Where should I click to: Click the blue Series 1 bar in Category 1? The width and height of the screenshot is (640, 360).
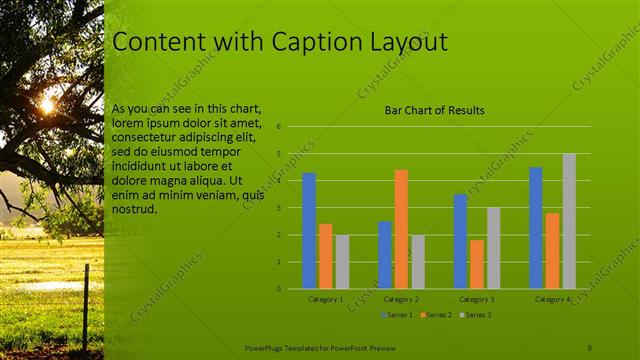tap(309, 231)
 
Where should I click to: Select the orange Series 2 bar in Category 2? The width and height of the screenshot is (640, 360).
tap(401, 229)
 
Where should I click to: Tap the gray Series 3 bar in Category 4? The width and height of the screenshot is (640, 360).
tap(569, 221)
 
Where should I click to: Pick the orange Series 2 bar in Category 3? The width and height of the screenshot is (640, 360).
tap(477, 264)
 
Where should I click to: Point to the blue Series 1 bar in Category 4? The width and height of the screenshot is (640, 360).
tap(536, 228)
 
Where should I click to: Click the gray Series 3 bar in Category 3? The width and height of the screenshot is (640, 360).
tap(493, 248)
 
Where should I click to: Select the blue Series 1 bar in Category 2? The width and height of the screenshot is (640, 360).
tap(385, 255)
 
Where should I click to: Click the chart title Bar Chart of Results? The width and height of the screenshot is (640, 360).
tap(435, 110)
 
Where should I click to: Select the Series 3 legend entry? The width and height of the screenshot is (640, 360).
tap(475, 315)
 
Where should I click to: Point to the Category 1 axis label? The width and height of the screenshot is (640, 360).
tap(325, 299)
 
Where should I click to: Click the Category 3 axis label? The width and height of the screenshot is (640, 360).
tap(477, 299)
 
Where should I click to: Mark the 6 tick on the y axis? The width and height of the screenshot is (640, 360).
tap(279, 127)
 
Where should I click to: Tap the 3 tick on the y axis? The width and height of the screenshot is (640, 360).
tap(279, 208)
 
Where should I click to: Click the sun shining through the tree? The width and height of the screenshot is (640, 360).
tap(47, 104)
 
